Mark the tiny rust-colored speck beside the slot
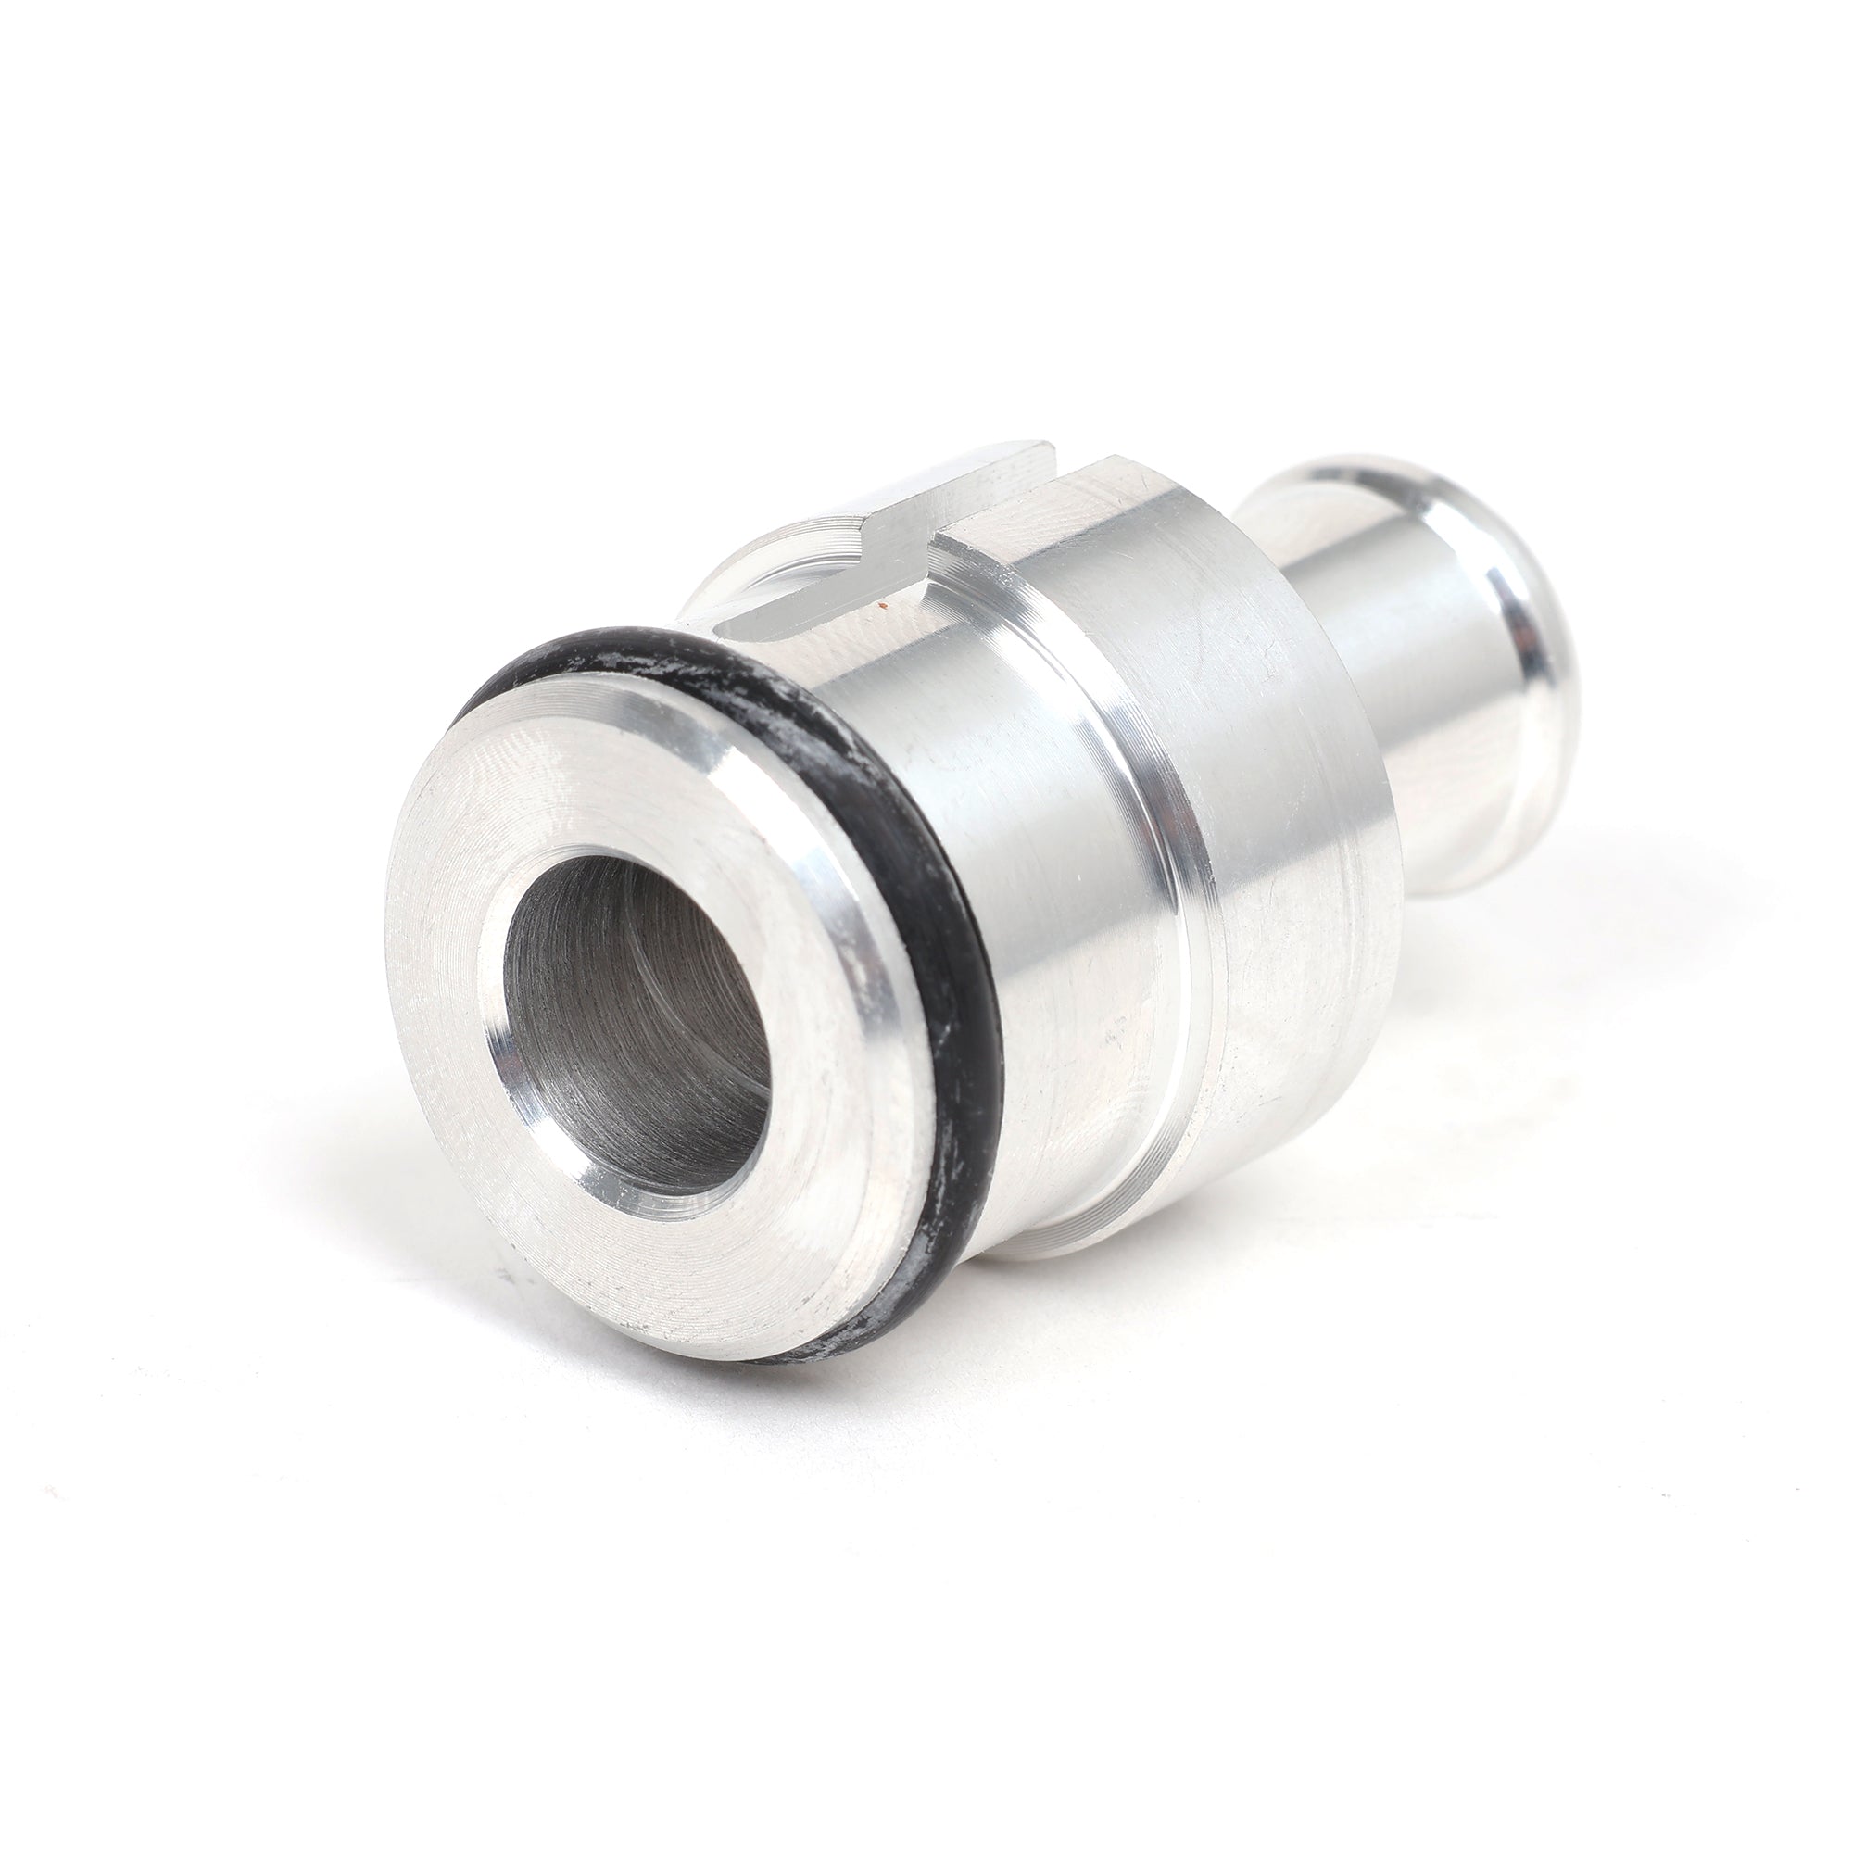(879, 606)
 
